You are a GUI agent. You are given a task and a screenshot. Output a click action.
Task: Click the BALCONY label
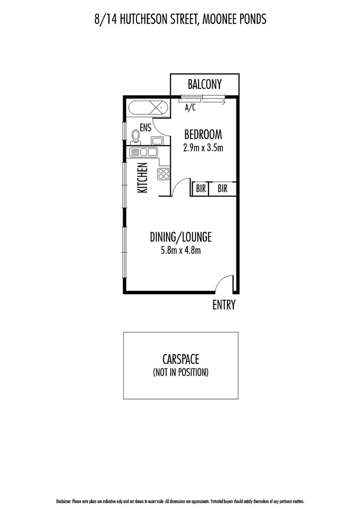[x=204, y=85]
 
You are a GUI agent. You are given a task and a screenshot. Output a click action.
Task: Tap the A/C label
[x=190, y=108]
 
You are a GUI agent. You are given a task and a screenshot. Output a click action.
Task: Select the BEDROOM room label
[x=203, y=134]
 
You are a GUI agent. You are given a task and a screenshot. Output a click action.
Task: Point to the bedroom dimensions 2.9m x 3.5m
[x=203, y=147]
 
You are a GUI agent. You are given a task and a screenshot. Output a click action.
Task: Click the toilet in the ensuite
[x=136, y=136]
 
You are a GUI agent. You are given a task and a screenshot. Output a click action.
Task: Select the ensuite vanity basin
[x=157, y=140]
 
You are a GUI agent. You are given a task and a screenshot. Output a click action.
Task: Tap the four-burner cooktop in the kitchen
[x=163, y=174]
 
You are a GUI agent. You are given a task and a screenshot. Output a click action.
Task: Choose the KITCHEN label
[x=142, y=178]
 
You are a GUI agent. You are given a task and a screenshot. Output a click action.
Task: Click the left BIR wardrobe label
[x=201, y=189]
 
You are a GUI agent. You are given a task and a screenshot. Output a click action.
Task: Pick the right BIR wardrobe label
[x=223, y=189]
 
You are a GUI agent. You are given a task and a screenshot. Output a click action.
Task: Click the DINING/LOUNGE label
[x=181, y=236]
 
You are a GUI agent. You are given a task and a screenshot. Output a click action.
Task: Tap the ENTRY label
[x=224, y=305]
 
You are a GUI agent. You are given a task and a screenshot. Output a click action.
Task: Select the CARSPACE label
[x=181, y=358]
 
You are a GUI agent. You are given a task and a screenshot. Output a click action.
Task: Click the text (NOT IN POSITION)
[x=181, y=372]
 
